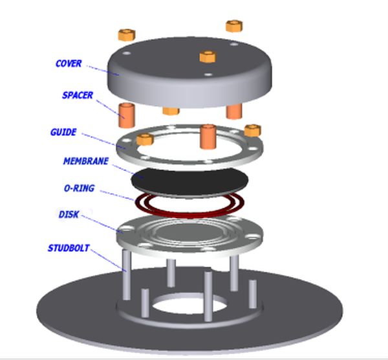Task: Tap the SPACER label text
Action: tap(78, 96)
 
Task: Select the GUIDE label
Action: tap(63, 133)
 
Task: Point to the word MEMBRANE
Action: tap(85, 161)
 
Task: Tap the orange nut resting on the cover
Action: tap(207, 56)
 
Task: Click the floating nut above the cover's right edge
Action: tap(233, 26)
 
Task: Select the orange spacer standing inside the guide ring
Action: tap(208, 136)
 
